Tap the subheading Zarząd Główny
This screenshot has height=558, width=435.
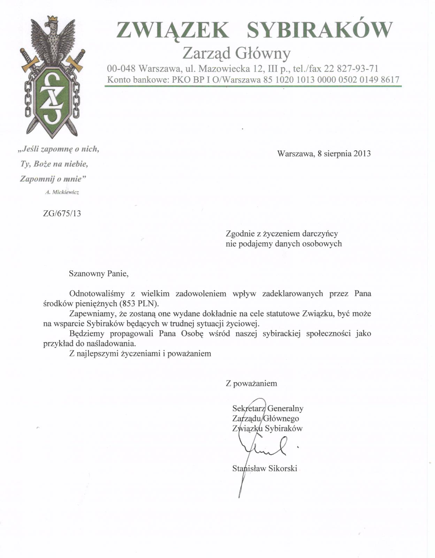tap(237, 53)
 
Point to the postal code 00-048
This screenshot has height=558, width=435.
tap(121, 68)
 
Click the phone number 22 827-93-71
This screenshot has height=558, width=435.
tap(351, 68)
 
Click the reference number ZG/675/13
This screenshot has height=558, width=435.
tap(62, 213)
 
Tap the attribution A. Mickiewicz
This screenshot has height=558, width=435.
tap(62, 192)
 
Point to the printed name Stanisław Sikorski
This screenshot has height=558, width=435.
tap(265, 468)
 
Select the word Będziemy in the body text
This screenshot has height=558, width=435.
tap(86, 333)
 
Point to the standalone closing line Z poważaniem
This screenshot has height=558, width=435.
tap(251, 384)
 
